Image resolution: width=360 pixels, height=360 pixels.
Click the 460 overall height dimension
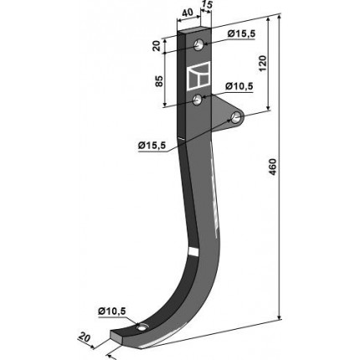click(273, 167)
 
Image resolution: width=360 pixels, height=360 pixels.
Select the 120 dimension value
click(263, 64)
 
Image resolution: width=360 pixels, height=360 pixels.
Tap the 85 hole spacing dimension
click(158, 81)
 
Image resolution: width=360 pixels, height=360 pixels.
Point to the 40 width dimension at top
click(188, 13)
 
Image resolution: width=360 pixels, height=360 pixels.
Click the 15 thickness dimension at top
click(207, 6)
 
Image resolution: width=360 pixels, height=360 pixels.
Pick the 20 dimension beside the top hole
click(157, 45)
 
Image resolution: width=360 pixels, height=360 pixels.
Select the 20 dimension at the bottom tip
click(85, 337)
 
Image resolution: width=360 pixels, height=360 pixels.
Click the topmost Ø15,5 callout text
click(241, 34)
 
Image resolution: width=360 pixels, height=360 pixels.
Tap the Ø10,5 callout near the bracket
click(239, 86)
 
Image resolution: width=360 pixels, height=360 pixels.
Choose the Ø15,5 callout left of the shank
click(152, 146)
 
